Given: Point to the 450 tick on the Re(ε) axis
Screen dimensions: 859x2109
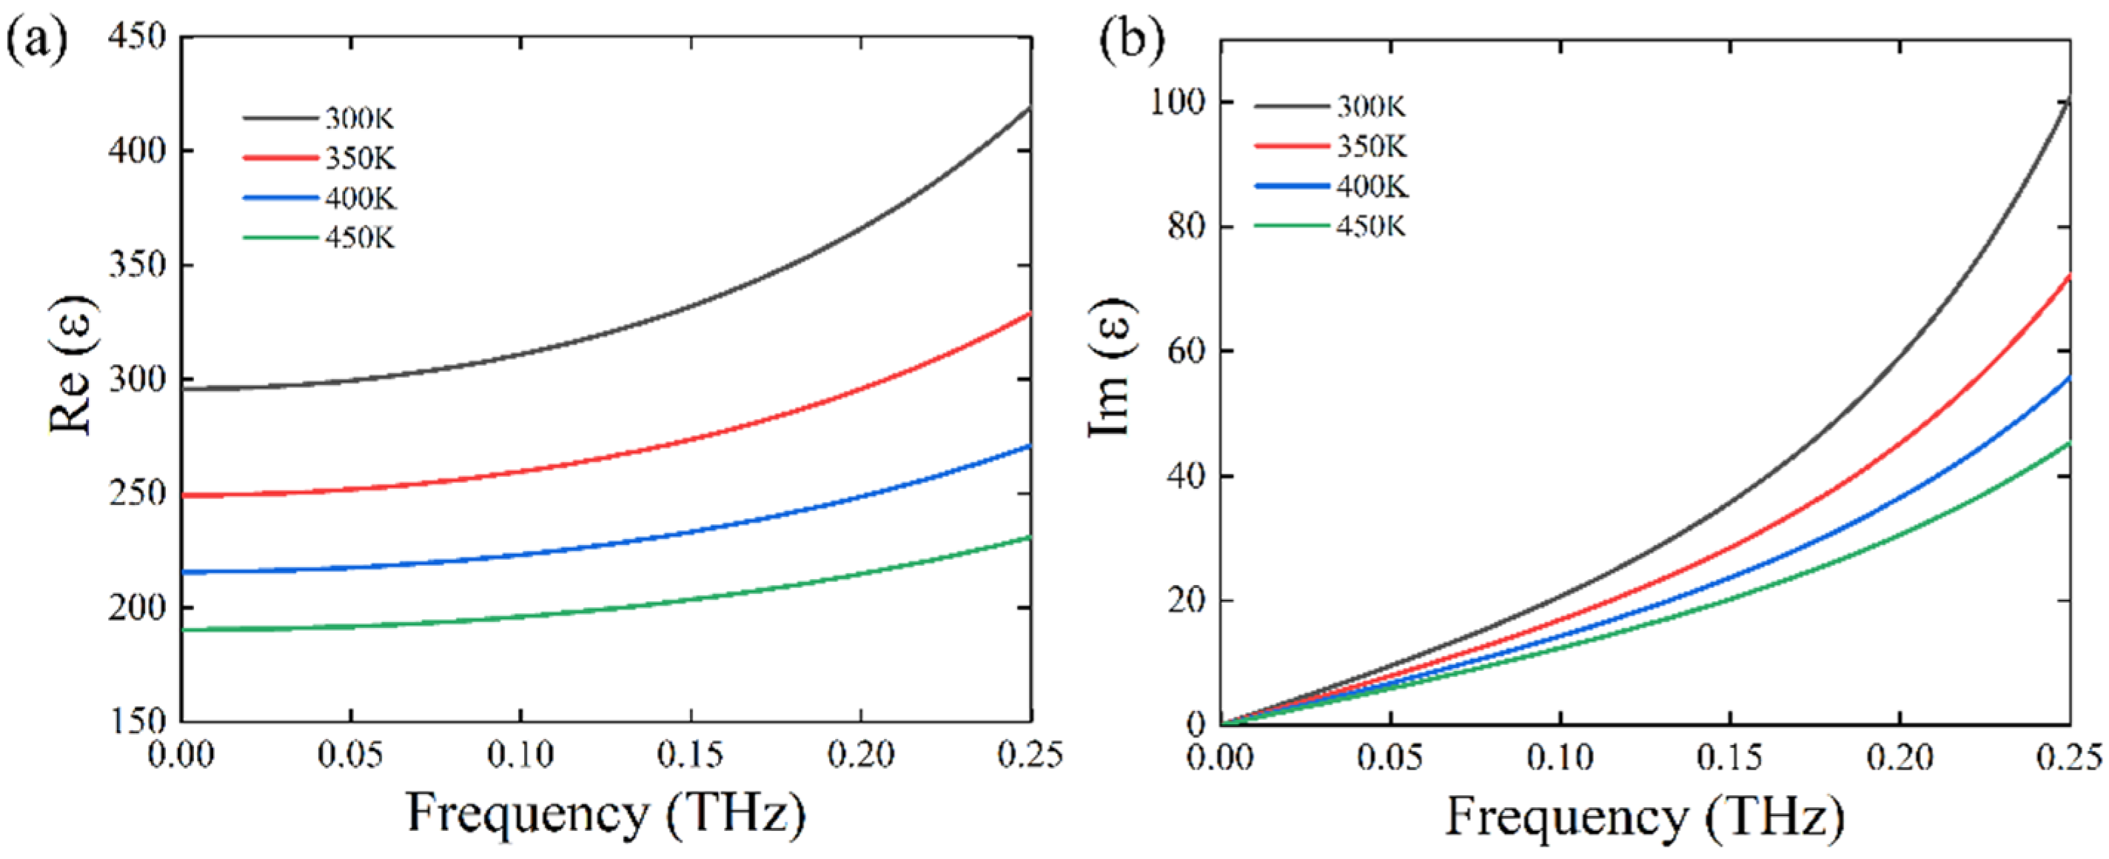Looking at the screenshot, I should point(137,37).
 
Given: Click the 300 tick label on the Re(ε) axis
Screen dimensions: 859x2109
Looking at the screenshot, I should point(137,380).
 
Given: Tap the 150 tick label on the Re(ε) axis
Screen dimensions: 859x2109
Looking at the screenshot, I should point(137,721).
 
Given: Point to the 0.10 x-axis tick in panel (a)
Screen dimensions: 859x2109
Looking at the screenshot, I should point(520,755).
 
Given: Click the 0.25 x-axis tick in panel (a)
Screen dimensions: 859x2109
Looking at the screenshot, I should point(1029,755).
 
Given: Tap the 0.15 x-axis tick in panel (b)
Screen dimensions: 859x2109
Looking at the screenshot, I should point(1729,758).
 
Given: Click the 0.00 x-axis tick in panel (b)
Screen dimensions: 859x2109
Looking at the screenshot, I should point(1221,758).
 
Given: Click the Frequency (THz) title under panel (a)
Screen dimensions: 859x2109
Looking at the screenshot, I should point(606,815).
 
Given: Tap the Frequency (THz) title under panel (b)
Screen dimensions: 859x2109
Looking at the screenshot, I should point(1645,818).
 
